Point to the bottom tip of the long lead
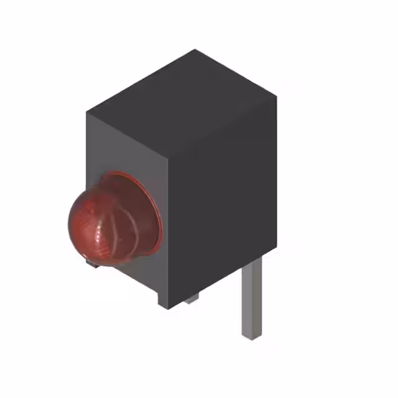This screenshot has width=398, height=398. [250, 336]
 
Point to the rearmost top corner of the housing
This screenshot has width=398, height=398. [195, 50]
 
